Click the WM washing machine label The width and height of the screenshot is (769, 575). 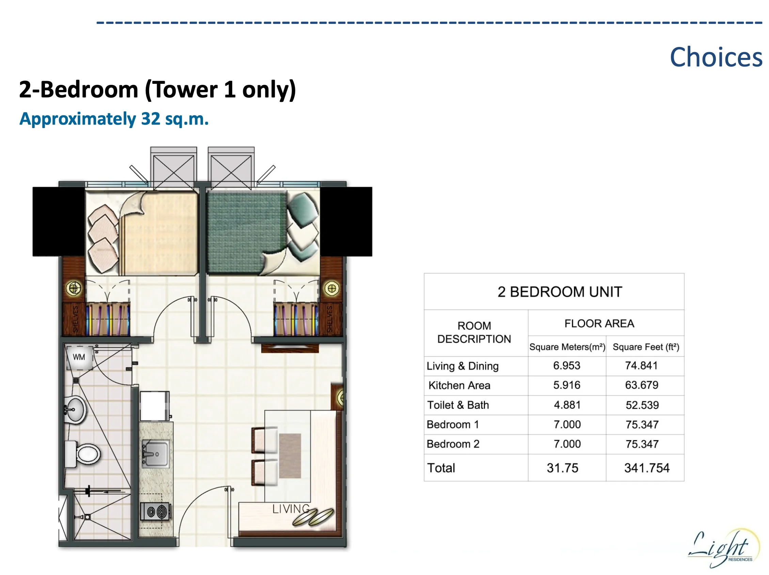(x=79, y=357)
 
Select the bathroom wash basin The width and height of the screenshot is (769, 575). (x=76, y=410)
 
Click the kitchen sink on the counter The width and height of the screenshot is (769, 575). (x=156, y=453)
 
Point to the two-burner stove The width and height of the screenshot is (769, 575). (x=155, y=511)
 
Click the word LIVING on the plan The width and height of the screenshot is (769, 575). (x=291, y=509)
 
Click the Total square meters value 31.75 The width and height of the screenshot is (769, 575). (x=562, y=468)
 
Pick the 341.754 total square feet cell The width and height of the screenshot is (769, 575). (x=647, y=468)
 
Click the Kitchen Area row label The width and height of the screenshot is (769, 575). (x=459, y=385)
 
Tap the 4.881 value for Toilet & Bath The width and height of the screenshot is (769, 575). (x=567, y=405)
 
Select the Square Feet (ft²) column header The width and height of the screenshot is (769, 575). (x=646, y=347)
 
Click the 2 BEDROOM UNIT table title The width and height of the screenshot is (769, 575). (x=559, y=292)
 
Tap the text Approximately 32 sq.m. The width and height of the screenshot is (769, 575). (x=114, y=119)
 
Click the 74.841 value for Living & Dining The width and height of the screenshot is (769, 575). (x=641, y=366)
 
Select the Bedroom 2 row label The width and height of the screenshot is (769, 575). (x=453, y=444)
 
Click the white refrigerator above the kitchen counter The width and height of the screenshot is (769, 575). (x=154, y=406)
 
